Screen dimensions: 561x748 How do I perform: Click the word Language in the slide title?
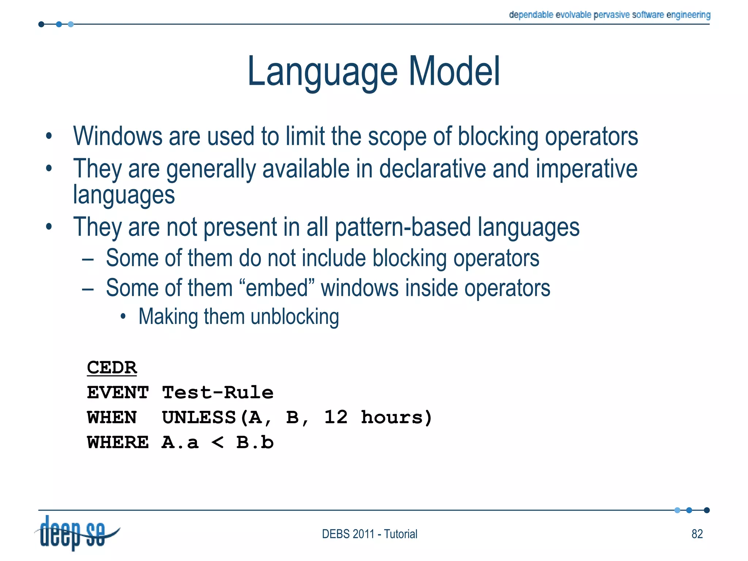click(322, 72)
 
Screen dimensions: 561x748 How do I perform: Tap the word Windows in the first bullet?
click(117, 136)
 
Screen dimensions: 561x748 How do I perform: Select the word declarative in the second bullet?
click(432, 169)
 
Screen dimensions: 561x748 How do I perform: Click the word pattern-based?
click(402, 227)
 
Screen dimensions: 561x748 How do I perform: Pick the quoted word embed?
click(277, 288)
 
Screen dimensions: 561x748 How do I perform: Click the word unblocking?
click(295, 316)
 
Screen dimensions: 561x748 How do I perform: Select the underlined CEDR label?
click(112, 367)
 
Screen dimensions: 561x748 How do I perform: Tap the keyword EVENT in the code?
click(118, 393)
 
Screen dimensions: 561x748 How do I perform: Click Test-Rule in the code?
click(218, 393)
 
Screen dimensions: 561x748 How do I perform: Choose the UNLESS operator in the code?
click(199, 417)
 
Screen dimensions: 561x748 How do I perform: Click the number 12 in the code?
click(336, 417)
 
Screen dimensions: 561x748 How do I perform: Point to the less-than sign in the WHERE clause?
click(218, 443)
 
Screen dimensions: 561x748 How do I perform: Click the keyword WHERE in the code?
click(118, 443)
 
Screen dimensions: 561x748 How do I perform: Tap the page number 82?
click(697, 534)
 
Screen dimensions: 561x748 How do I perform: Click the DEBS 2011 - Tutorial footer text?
click(369, 534)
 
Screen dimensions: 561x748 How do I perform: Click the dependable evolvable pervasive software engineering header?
click(609, 15)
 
